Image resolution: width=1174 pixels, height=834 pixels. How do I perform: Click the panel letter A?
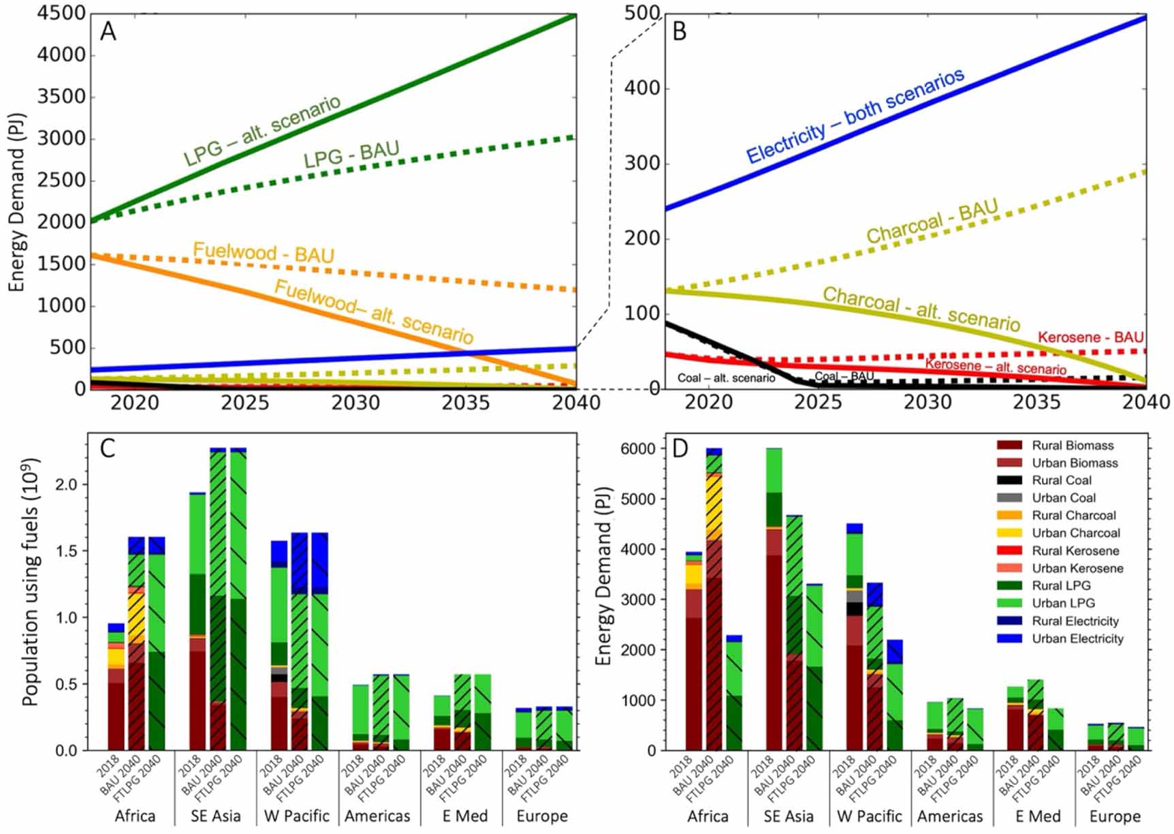108,31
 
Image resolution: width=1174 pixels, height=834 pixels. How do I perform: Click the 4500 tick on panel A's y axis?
61,14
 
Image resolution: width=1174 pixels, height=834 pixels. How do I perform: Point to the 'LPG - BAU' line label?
351,155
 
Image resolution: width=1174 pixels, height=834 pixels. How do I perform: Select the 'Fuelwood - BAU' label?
264,253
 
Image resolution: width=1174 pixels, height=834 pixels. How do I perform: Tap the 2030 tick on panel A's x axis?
355,403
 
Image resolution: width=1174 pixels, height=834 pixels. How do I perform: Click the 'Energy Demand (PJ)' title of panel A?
16,202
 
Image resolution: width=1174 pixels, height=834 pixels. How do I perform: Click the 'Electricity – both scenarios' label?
855,117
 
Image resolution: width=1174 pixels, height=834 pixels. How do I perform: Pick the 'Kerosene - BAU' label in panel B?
1090,337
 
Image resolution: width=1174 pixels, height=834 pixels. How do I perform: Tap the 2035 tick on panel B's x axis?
1036,403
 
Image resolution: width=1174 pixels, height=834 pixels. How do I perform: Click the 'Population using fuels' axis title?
31,582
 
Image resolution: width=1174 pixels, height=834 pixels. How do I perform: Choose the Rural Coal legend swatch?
1009,480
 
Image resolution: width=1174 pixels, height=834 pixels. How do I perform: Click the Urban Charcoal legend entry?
1075,533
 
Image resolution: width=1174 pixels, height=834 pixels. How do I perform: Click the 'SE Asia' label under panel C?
216,816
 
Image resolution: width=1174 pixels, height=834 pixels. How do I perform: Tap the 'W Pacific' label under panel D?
869,816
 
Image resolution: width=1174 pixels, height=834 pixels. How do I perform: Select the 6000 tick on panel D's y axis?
638,448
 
